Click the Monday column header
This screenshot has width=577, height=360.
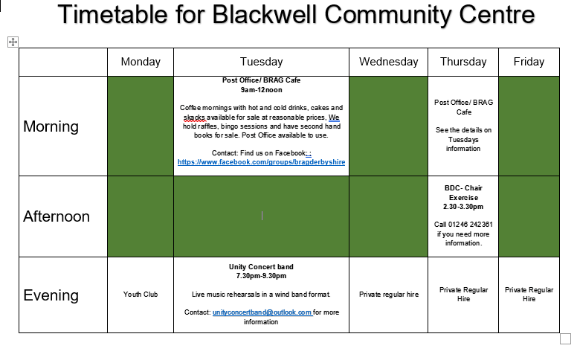141,62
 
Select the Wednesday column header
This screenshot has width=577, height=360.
388,62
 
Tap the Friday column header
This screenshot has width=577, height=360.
529,62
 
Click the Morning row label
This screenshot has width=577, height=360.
51,126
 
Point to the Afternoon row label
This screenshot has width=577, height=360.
57,216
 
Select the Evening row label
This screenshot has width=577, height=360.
51,295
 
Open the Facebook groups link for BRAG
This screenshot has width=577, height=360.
261,161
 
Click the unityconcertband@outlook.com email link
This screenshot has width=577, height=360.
262,312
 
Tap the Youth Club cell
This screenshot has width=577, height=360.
141,295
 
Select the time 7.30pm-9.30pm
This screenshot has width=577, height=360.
261,276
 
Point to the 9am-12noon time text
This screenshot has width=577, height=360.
261,89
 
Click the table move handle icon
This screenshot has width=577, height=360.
13,42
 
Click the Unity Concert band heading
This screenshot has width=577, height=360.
261,266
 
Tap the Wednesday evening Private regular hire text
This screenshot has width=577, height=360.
388,295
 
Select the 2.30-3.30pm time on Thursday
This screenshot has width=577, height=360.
463,207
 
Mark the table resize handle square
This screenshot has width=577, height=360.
564,338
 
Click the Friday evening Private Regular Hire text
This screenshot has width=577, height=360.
529,294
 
